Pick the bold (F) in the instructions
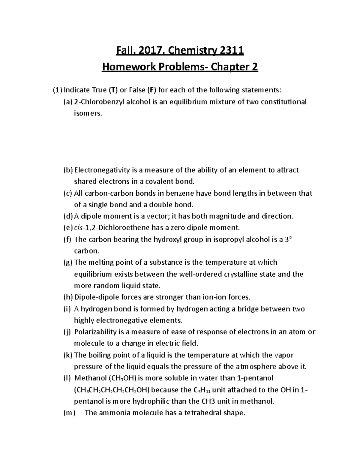pos(151,90)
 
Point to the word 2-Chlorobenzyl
pos(98,102)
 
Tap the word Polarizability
pos(95,332)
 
